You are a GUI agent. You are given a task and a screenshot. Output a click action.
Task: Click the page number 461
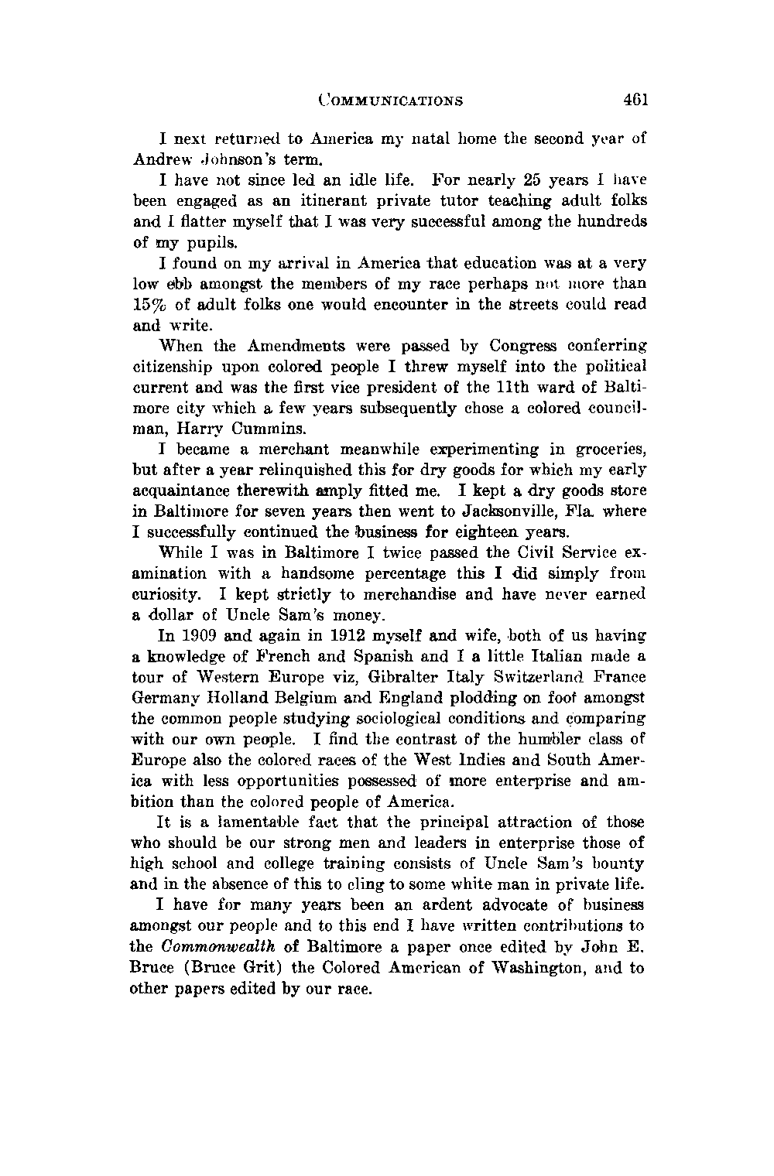coord(633,100)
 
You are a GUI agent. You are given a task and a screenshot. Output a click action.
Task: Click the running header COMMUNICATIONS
coord(391,101)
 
